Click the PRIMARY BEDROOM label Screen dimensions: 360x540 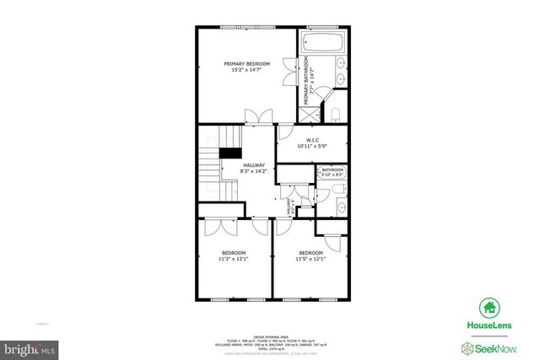(x=246, y=64)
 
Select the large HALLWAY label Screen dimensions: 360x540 (x=253, y=165)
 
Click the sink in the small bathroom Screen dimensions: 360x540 (x=342, y=207)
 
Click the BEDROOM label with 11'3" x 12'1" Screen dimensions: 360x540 (x=234, y=253)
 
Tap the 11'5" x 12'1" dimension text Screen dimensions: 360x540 (x=310, y=260)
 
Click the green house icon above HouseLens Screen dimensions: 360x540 (x=489, y=308)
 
